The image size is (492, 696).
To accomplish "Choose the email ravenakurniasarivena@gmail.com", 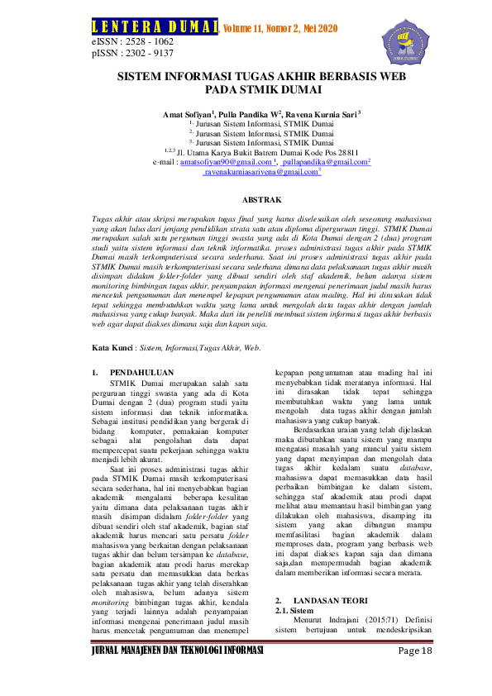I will coord(261,173).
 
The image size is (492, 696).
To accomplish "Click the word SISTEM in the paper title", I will coord(138,74).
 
